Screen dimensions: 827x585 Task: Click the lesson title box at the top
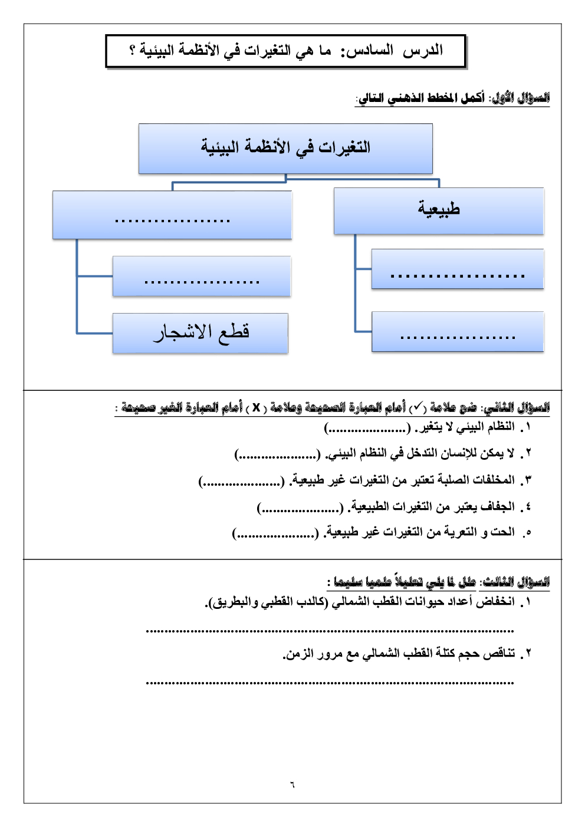click(x=286, y=51)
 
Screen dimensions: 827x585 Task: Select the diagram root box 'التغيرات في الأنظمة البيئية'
click(x=285, y=149)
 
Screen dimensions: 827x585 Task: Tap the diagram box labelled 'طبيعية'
click(x=439, y=210)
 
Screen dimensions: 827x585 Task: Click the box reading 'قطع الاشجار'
click(x=201, y=333)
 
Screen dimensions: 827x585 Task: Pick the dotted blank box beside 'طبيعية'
click(x=172, y=215)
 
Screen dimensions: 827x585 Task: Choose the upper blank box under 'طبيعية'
click(x=458, y=269)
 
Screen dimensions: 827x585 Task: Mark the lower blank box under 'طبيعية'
click(x=458, y=332)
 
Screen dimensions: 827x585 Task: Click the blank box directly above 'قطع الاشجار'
click(x=202, y=276)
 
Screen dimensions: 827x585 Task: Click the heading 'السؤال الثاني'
click(x=517, y=408)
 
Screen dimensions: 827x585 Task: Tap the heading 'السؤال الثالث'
click(x=515, y=582)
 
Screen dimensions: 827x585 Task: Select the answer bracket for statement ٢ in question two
click(x=278, y=454)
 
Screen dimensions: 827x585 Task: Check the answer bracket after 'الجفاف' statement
click(x=300, y=508)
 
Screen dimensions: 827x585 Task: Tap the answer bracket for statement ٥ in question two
click(x=275, y=533)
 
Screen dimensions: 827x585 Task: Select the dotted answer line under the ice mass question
click(x=330, y=683)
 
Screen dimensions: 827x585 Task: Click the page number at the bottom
click(x=292, y=785)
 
